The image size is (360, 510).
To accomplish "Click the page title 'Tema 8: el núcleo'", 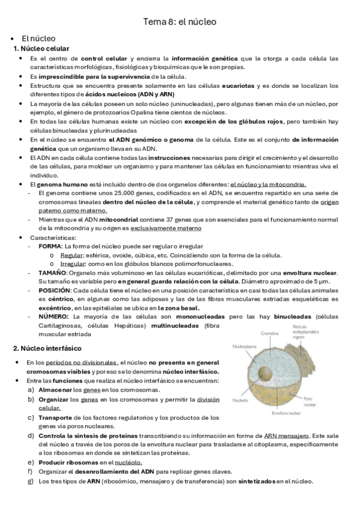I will (x=179, y=22).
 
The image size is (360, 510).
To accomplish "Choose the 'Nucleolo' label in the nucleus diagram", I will (x=241, y=400).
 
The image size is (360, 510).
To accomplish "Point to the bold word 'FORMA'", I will (x=50, y=247).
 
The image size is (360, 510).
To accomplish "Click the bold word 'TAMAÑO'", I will (x=53, y=272).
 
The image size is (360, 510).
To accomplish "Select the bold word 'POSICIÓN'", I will (x=54, y=290).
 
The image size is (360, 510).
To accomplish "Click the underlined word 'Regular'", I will (x=72, y=255).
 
